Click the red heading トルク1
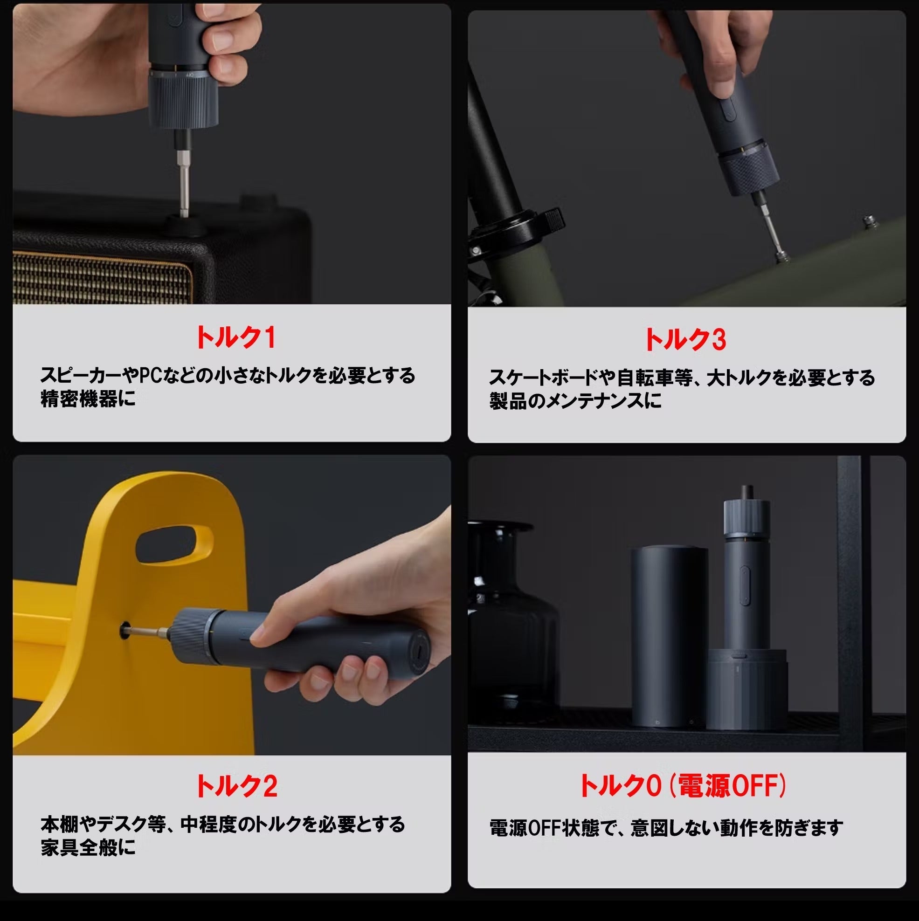(x=235, y=337)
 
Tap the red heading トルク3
(x=685, y=339)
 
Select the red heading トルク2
(x=236, y=786)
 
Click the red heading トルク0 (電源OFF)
(x=683, y=786)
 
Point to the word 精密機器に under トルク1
(x=88, y=399)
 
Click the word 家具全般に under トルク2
(x=88, y=847)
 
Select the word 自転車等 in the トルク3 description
(x=655, y=378)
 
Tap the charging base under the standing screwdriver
(x=746, y=688)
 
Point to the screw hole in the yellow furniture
(x=125, y=630)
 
